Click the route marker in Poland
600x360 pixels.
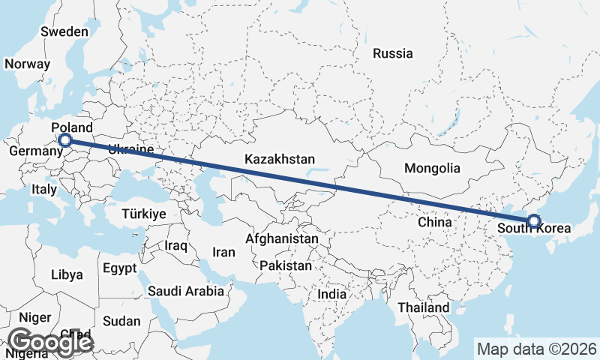(65, 139)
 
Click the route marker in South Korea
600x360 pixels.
(533, 220)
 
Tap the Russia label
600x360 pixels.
(392, 53)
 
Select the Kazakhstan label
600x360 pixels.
(279, 159)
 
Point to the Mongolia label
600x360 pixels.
(431, 168)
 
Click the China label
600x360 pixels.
(434, 222)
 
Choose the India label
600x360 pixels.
(332, 295)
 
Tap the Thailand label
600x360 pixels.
(424, 307)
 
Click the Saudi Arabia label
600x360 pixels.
(186, 291)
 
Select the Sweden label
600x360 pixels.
(64, 31)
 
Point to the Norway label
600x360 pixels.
(27, 64)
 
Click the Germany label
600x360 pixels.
(35, 151)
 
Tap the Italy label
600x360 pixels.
(44, 190)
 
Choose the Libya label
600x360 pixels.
(67, 274)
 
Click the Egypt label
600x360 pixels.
(120, 268)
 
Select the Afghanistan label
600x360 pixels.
(282, 238)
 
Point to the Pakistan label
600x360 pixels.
(286, 265)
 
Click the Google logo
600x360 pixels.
(49, 343)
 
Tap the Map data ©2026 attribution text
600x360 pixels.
(536, 349)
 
